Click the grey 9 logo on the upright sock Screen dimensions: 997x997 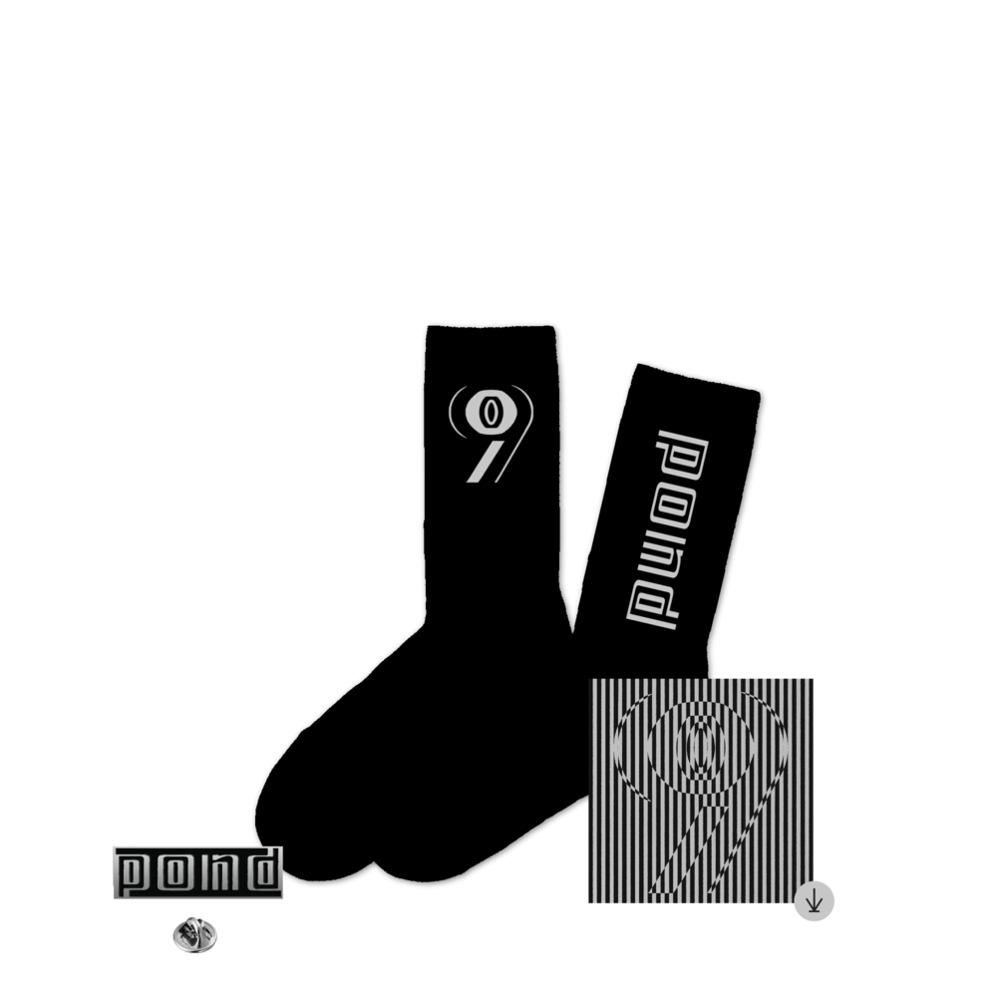pos(491,433)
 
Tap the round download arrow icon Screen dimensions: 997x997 pos(814,901)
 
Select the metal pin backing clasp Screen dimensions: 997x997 pos(195,935)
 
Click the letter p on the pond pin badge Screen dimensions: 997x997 pos(134,873)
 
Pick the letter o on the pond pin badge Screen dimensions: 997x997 pos(172,871)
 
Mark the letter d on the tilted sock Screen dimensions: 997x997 pos(652,604)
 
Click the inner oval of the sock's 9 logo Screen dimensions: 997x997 pos(489,412)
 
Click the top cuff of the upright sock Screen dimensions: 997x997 pos(491,336)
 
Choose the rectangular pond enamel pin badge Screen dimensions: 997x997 pos(197,872)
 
